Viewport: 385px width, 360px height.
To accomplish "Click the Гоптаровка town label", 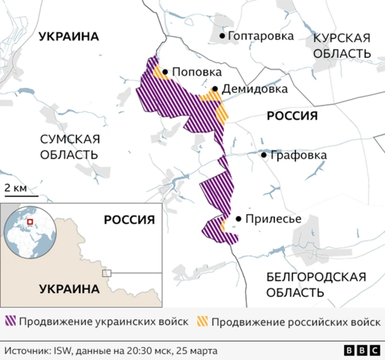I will pos(261,36).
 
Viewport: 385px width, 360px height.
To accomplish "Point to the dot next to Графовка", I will pos(263,155).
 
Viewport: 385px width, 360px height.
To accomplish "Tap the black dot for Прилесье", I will pos(239,219).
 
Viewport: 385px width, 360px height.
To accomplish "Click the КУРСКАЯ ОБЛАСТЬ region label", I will pos(341,45).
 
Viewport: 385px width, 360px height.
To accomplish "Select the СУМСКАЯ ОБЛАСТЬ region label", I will pos(69,146).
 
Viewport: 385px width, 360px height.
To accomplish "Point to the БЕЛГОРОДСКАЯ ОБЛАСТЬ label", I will pos(316,285).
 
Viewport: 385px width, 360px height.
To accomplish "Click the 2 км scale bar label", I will pos(16,188).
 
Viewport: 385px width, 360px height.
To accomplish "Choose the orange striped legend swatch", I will pos(202,321).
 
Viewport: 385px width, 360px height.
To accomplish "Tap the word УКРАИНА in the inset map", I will pos(69,289).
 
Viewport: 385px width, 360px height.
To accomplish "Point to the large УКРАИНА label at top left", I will pos(69,37).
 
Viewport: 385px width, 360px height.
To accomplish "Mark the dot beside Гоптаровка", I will pos(223,36).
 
